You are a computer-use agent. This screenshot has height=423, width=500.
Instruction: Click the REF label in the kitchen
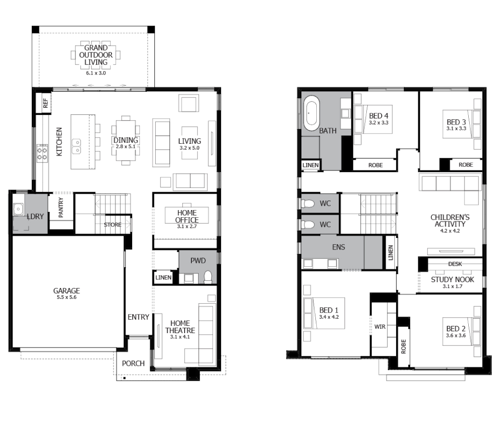[x=46, y=103]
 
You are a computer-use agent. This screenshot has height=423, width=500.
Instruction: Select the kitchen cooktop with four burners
[x=42, y=153]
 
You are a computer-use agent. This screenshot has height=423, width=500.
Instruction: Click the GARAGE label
[x=67, y=291]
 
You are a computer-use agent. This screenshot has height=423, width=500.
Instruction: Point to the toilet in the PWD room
[x=208, y=277]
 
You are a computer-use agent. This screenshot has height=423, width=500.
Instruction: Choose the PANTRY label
[x=61, y=208]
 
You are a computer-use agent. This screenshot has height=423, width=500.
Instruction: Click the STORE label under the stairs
[x=112, y=225]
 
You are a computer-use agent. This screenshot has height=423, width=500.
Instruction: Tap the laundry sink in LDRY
[x=18, y=209]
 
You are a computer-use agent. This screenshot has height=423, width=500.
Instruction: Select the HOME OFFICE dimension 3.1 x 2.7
[x=187, y=226]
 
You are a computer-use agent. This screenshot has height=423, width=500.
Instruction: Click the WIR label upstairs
[x=380, y=327]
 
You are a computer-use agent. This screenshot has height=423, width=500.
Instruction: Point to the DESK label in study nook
[x=455, y=264]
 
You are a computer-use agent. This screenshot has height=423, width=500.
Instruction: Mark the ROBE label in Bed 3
[x=466, y=165]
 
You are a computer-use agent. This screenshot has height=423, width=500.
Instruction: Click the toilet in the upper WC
[x=308, y=203]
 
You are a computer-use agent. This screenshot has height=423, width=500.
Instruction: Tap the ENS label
[x=338, y=247]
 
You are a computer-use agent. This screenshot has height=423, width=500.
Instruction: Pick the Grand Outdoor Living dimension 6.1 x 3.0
[x=96, y=73]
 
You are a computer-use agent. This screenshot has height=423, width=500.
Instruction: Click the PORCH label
[x=133, y=363]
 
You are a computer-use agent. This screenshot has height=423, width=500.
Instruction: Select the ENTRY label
[x=138, y=317]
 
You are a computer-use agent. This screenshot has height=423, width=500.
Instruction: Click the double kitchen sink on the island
[x=76, y=146]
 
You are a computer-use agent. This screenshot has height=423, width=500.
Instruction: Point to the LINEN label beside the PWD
[x=163, y=278]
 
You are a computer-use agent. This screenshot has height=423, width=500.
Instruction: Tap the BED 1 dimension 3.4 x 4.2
[x=329, y=317]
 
